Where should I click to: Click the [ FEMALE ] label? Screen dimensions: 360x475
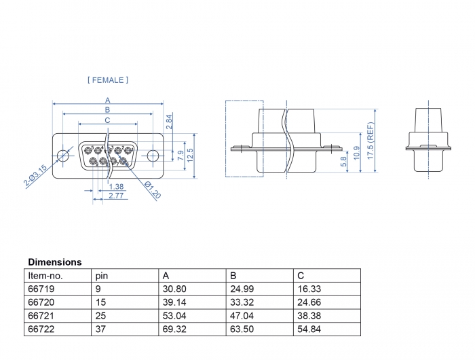coord(108,80)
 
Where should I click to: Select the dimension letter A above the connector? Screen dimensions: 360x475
coord(108,101)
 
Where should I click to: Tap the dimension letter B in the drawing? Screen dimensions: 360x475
coord(108,110)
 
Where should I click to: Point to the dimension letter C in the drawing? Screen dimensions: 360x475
coord(108,120)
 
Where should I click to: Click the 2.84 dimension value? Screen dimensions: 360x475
coord(170,122)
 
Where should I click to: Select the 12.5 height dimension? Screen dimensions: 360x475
coord(191,156)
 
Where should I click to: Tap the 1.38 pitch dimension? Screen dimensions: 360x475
coord(116,186)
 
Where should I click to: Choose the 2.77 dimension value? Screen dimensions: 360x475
coord(116,196)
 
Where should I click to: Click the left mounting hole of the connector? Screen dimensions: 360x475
coord(63,155)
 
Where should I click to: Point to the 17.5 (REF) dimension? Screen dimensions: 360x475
coord(370,141)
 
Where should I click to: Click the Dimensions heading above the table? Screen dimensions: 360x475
coord(55,262)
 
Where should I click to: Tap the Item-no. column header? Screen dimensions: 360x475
coord(45,275)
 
